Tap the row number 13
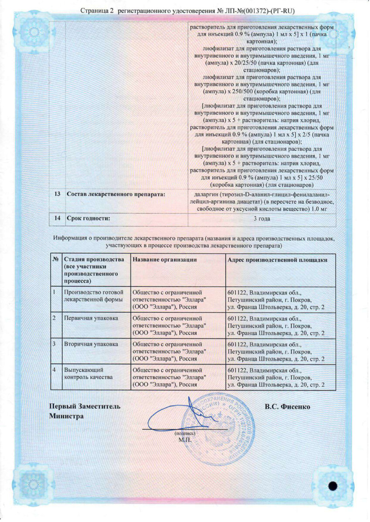point(57,194)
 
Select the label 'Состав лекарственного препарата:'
point(115,194)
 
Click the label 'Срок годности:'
point(87,218)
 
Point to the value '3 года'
point(261,219)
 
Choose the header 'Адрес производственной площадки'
point(277,260)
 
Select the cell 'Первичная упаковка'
point(91,318)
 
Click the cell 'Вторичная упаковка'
point(91,344)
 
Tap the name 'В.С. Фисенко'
point(287,407)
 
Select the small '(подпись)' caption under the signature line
point(185,434)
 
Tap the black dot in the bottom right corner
point(333,486)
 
